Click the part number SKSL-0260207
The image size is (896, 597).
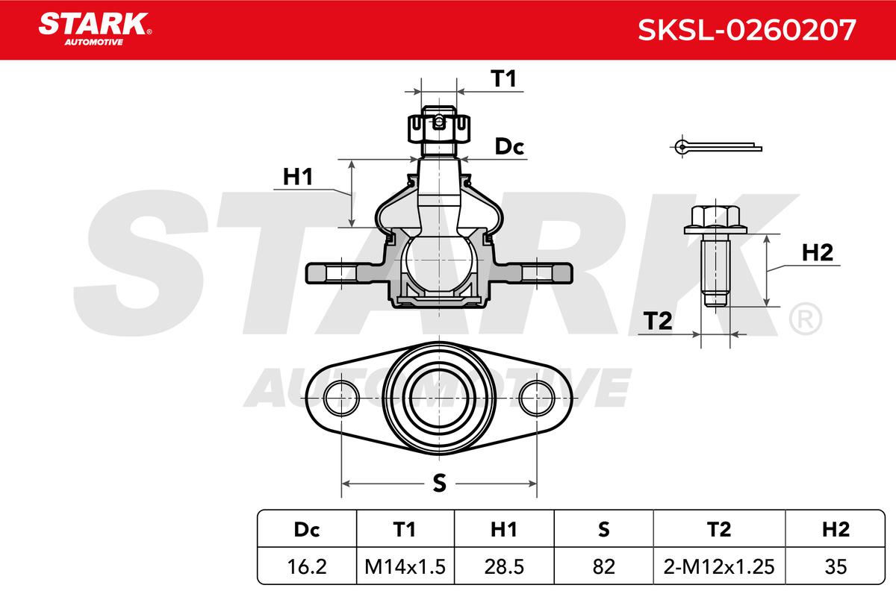click(x=746, y=30)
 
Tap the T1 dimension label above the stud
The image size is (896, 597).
click(x=504, y=78)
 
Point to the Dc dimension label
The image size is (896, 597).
click(x=510, y=147)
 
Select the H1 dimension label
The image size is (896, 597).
click(x=297, y=177)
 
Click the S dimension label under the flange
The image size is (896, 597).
click(x=440, y=484)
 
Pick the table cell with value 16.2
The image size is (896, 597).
click(x=307, y=566)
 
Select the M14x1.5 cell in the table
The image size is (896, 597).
click(x=405, y=566)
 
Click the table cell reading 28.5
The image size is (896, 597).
click(x=504, y=566)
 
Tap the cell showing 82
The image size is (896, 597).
click(x=603, y=566)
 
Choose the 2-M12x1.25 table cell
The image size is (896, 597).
click(x=718, y=566)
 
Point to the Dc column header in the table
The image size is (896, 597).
click(x=307, y=530)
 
